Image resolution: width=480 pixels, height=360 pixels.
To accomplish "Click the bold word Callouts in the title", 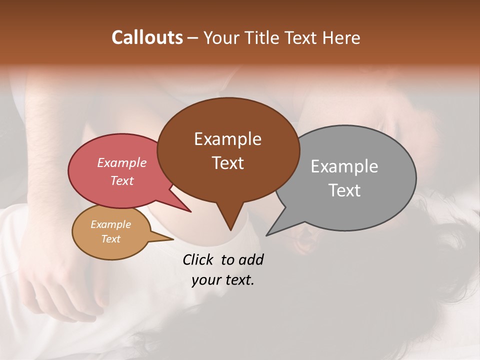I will click(147, 37).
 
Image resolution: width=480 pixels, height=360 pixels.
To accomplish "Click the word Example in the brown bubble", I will click(227, 139).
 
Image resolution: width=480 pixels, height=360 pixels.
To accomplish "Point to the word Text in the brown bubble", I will click(227, 162).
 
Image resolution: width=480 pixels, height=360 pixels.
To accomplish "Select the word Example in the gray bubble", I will click(344, 166).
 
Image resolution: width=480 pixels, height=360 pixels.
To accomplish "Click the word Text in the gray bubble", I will click(344, 190).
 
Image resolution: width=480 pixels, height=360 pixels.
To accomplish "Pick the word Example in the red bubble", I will click(121, 162).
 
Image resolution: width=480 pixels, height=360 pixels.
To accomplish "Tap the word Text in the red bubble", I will click(121, 180).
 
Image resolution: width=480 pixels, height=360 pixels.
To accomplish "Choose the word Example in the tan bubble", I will click(110, 224).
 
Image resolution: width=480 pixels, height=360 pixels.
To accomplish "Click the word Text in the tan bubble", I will click(110, 239).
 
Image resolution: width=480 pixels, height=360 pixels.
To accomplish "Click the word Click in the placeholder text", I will click(199, 259).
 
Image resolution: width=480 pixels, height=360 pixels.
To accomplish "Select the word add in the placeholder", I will click(251, 259).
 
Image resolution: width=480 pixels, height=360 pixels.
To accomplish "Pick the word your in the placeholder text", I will click(206, 280).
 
